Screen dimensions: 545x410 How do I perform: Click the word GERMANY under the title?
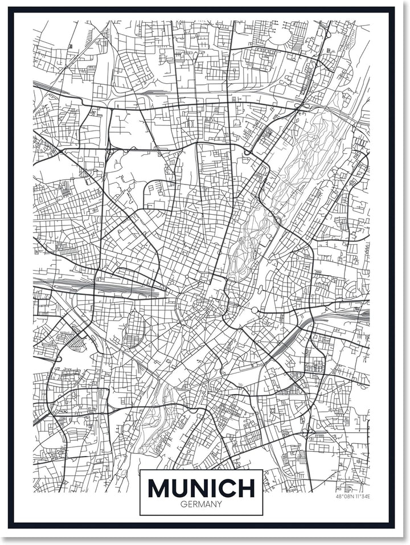coord(201,503)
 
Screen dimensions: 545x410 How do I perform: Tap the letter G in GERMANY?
coord(182,503)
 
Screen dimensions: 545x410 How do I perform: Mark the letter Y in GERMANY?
coord(220,503)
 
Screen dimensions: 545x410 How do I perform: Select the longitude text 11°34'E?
coord(362,497)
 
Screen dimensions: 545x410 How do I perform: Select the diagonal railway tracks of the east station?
coord(290,347)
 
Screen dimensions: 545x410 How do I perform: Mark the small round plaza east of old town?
coord(254,310)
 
